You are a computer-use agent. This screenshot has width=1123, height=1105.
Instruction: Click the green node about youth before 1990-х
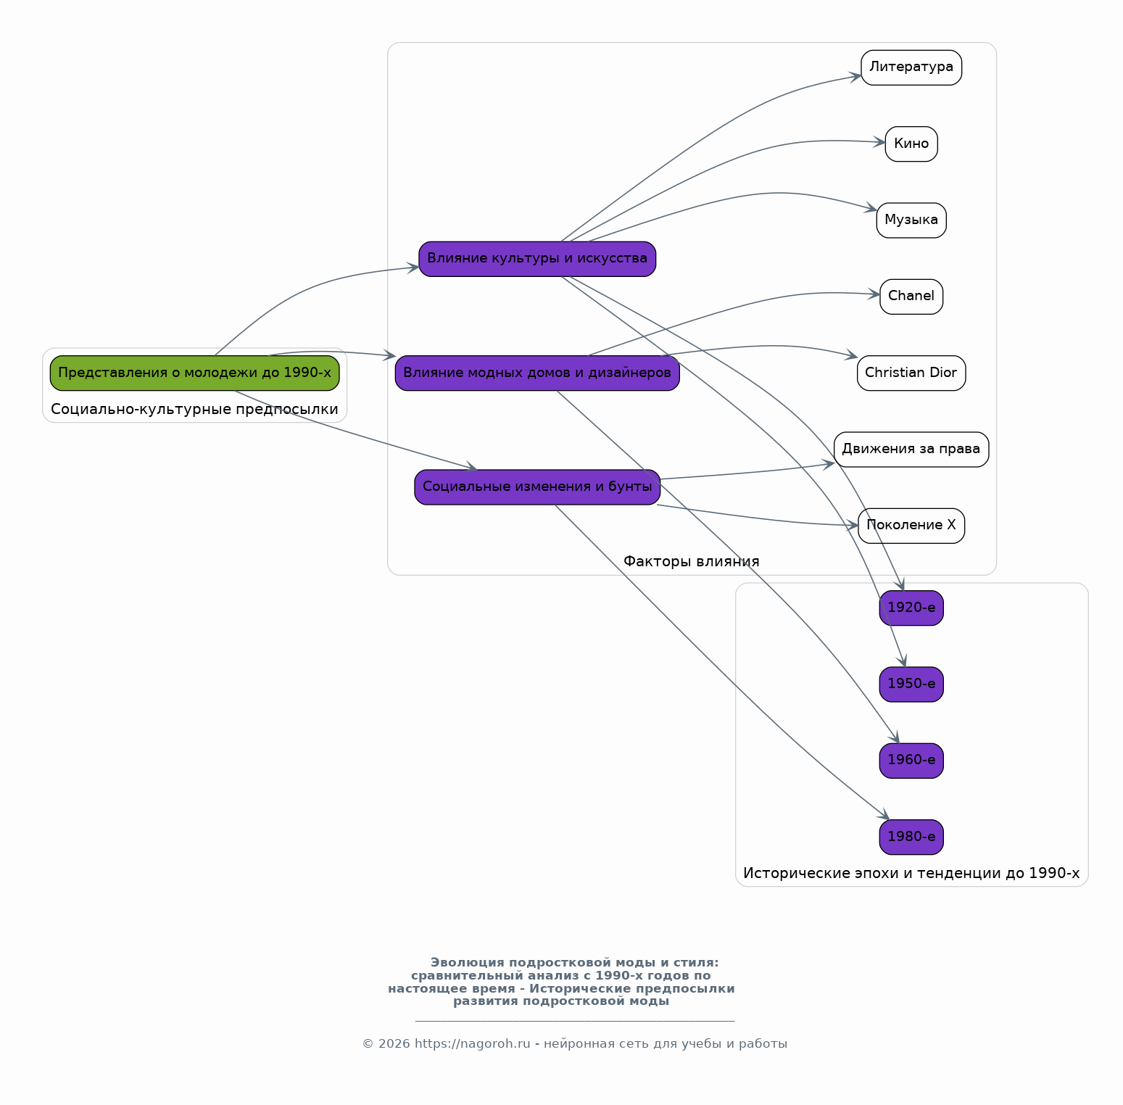coord(194,373)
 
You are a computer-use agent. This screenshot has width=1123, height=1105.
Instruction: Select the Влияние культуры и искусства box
coord(537,259)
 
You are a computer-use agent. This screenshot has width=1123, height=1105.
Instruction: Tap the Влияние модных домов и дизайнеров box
coord(537,373)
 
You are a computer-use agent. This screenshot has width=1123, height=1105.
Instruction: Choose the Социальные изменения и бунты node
coord(537,487)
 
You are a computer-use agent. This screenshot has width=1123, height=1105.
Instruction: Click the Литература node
coord(911,67)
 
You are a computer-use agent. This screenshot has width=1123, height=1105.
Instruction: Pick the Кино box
coord(911,144)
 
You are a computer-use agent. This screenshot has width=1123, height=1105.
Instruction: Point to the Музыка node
coord(911,220)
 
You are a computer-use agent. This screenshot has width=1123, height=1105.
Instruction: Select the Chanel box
coord(911,297)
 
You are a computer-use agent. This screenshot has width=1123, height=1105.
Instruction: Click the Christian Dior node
coord(911,373)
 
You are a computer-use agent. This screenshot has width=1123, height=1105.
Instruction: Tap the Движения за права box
coord(911,449)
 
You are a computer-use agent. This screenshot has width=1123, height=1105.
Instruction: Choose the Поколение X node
coord(911,526)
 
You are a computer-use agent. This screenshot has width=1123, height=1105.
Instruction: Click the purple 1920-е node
coord(911,608)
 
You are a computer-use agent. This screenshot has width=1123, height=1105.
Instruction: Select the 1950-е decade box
coord(911,684)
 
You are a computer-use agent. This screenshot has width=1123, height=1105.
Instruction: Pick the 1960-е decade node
coord(911,761)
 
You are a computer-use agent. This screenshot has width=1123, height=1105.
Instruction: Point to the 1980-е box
coord(911,837)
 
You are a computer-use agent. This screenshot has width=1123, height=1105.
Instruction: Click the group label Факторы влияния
coord(692,561)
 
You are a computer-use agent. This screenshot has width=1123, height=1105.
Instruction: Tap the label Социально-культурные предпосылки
coord(194,410)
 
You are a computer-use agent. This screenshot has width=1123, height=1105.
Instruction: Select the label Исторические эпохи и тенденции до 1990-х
coord(911,874)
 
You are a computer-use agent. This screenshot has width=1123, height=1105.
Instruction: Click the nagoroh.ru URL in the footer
coord(473,1044)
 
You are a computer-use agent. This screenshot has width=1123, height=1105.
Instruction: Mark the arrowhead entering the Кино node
coord(879,142)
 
